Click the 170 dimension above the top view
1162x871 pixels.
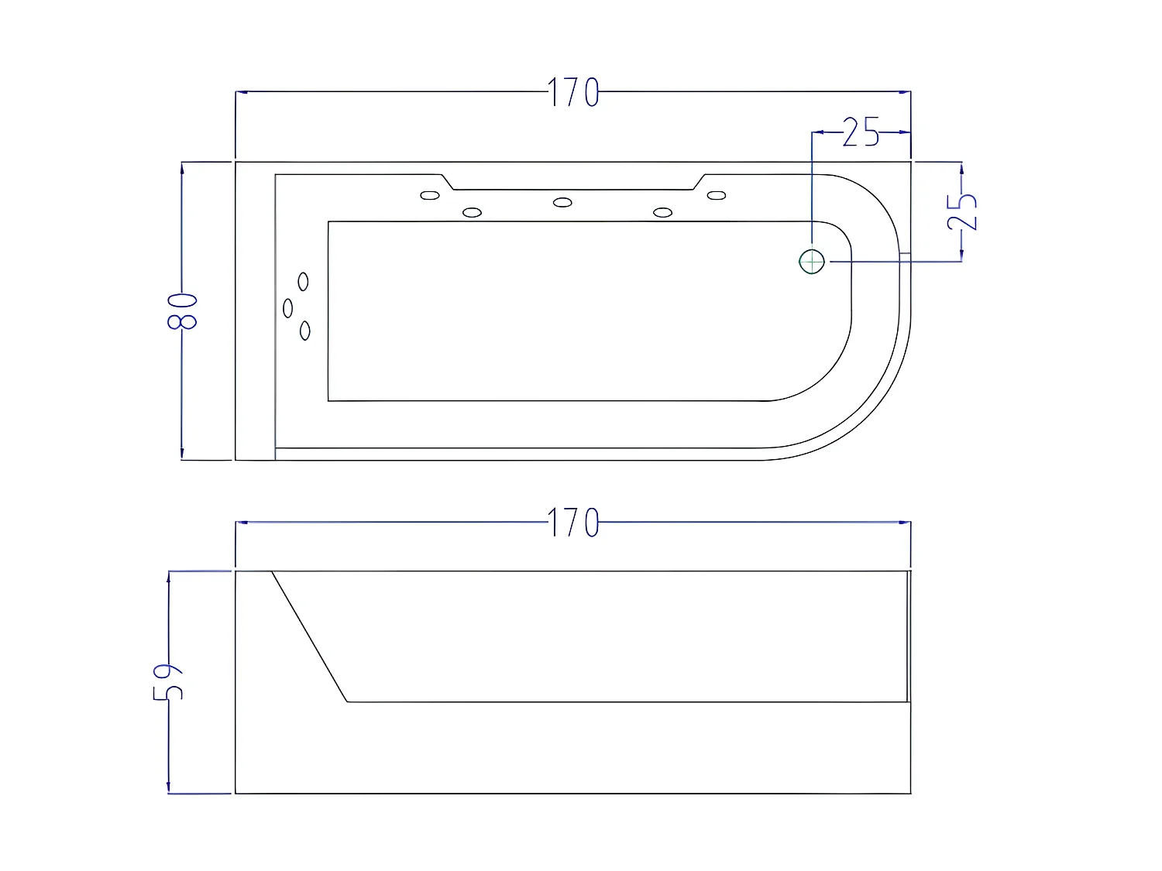573,93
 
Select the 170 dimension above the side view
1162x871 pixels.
573,523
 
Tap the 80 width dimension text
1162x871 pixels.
184,310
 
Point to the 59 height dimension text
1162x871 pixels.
169,681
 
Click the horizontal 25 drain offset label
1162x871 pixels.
861,133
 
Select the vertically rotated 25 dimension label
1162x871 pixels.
963,211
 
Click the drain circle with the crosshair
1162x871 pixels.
811,262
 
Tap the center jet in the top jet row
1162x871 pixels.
562,203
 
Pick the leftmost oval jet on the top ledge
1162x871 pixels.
430,195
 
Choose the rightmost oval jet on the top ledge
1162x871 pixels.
717,195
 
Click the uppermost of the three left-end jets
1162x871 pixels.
304,282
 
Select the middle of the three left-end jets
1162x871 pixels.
288,308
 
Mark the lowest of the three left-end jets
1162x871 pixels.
305,331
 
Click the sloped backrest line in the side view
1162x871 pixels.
310,637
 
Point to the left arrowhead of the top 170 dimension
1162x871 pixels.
241,92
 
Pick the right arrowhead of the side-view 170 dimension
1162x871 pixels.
906,523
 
